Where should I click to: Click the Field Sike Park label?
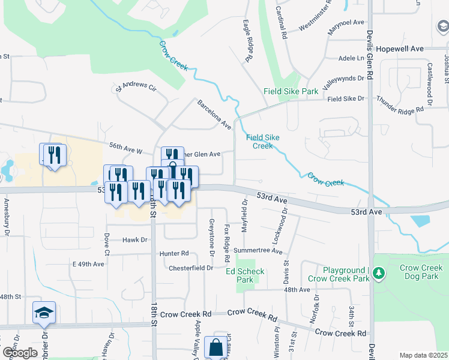pos(291,91)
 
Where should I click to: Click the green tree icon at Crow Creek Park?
pos(378,274)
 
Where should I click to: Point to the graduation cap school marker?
pos(44,313)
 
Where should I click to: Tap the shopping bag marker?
pos(215,347)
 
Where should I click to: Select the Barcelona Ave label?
pos(214,114)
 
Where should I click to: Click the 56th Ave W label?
pos(125,148)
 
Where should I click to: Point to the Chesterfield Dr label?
pos(191,268)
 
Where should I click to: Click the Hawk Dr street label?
pos(135,239)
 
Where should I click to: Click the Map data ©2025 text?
pos(423,355)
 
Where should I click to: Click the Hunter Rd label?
pos(174,253)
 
